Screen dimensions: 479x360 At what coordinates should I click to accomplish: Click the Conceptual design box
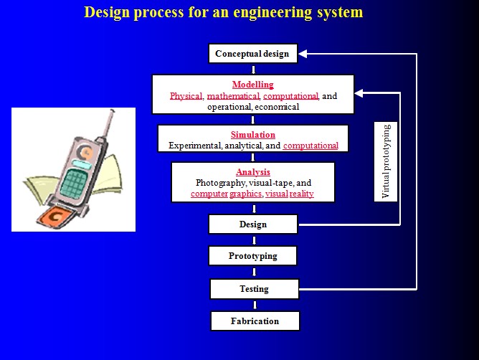point(253,54)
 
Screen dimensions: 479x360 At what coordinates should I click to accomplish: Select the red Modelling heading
point(253,85)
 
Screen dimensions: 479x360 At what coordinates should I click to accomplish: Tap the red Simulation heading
point(253,135)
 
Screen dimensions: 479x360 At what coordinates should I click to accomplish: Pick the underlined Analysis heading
point(253,172)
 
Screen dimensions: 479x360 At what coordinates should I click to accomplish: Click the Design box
point(253,224)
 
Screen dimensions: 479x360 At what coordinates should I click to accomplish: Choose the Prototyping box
point(252,256)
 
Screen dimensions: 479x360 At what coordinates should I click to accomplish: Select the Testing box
point(255,289)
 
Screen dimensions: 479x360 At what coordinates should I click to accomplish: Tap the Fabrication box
point(255,321)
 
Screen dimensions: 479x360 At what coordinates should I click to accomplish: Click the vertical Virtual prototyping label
point(386,161)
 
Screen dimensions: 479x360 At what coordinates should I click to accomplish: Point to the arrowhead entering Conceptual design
point(303,54)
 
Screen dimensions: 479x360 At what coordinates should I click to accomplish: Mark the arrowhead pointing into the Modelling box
point(359,93)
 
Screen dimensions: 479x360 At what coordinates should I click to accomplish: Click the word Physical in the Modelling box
point(186,96)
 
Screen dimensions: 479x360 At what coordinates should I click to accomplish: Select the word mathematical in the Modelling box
point(233,96)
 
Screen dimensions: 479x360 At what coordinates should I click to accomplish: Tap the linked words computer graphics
point(227,194)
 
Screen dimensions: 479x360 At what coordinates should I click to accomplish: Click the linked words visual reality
point(290,194)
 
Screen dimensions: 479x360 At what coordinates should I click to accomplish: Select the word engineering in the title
point(272,13)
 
